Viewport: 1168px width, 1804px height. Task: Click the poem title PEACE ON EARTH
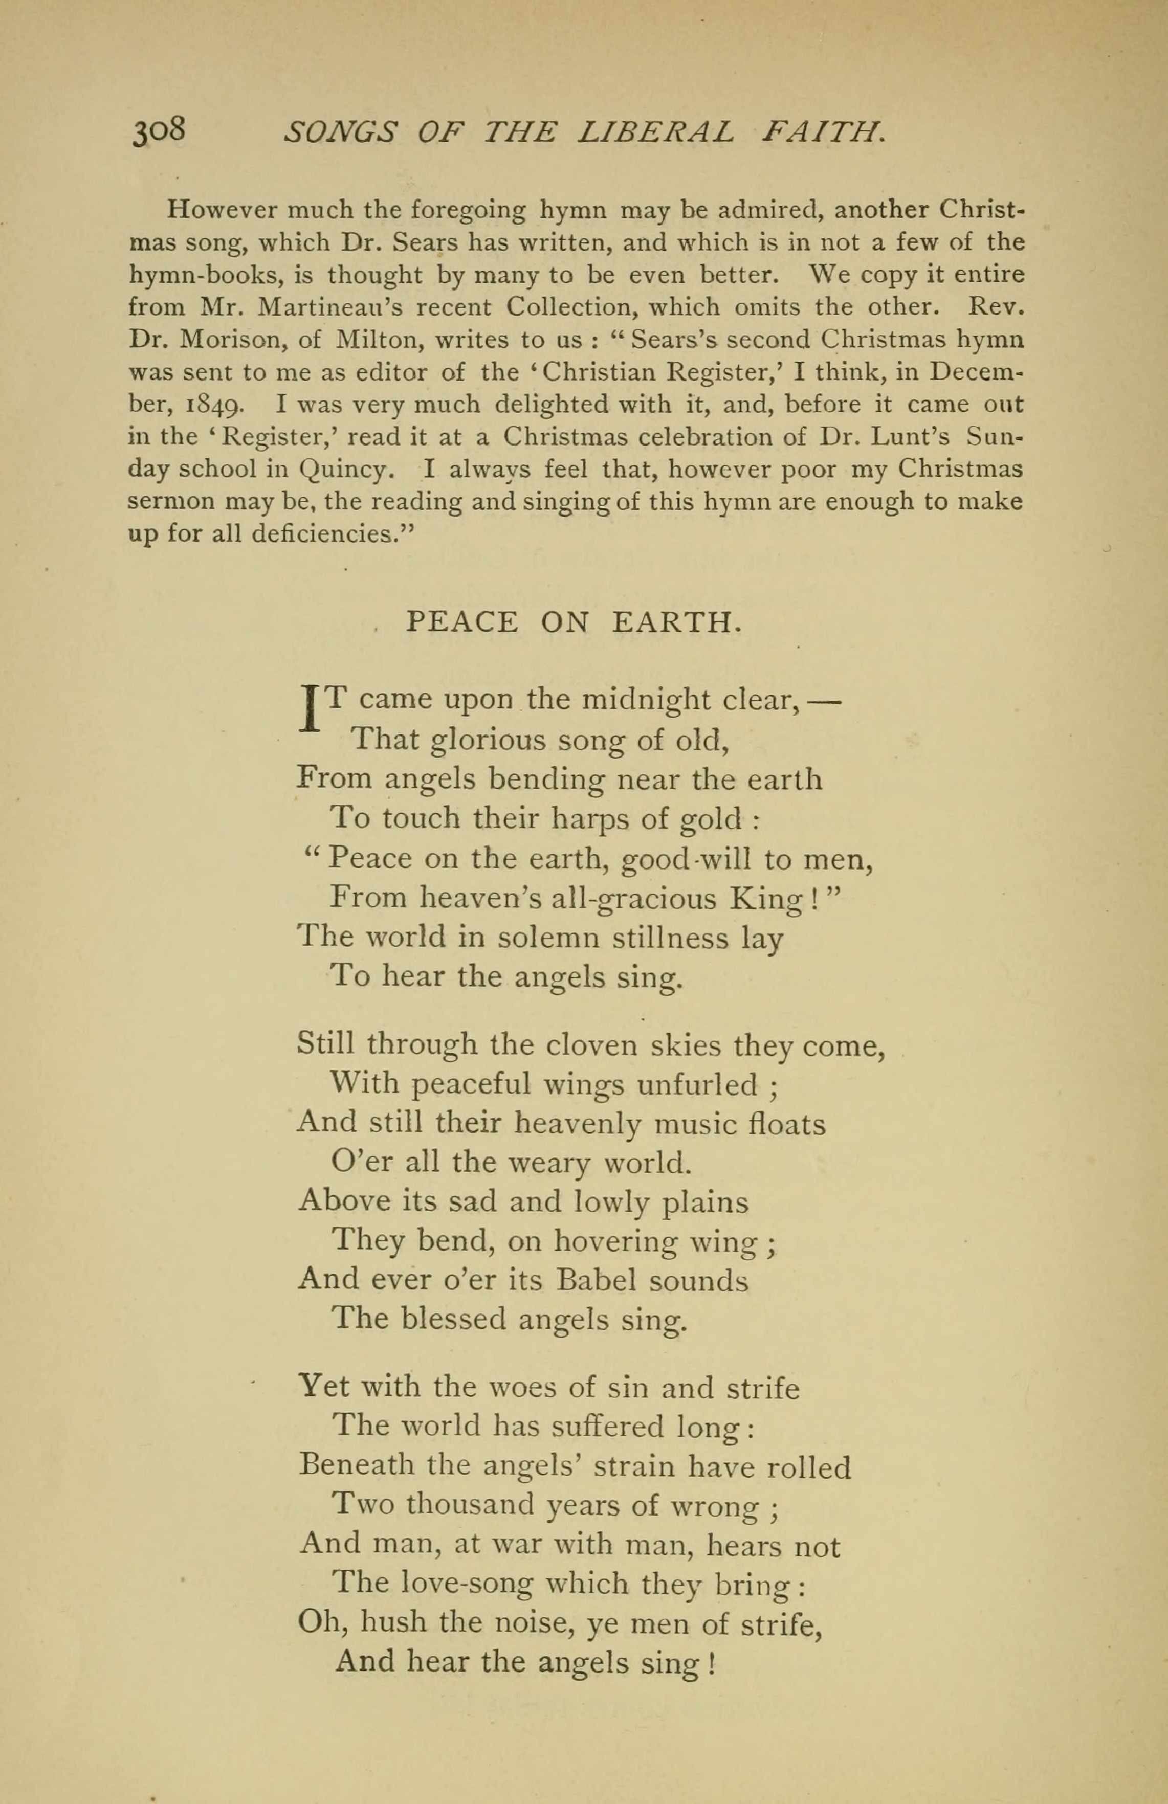pyautogui.click(x=573, y=622)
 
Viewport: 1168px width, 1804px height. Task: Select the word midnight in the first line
pyautogui.click(x=646, y=699)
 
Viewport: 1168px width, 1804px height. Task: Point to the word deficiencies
pyautogui.click(x=334, y=535)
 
